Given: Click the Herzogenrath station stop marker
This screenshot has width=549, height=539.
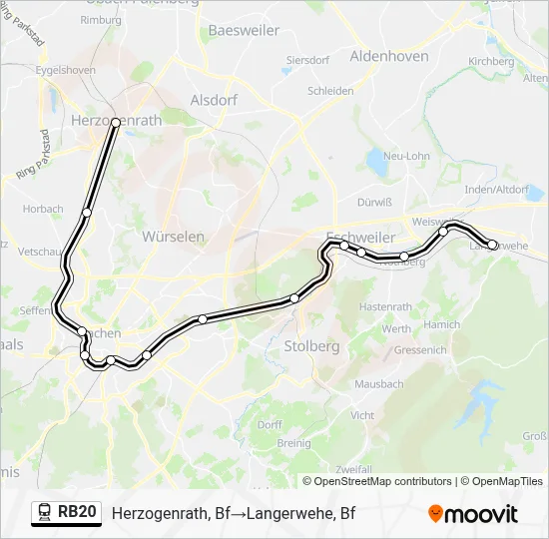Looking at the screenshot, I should [x=116, y=122].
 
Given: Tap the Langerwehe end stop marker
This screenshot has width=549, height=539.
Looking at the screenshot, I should [x=492, y=245].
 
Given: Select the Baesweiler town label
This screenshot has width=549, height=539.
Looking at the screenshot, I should [x=244, y=31].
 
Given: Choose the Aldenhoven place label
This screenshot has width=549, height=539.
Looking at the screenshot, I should [x=389, y=57].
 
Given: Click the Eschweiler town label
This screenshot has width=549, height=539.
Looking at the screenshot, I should [x=361, y=226].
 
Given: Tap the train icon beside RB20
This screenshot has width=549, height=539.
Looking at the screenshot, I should [x=45, y=513].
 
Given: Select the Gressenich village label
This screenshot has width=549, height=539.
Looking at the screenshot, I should [x=419, y=350].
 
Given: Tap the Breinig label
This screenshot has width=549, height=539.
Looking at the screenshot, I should [x=293, y=442].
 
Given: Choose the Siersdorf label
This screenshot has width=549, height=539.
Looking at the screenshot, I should [x=307, y=60].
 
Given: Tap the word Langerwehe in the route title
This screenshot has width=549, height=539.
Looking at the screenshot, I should [x=292, y=514].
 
